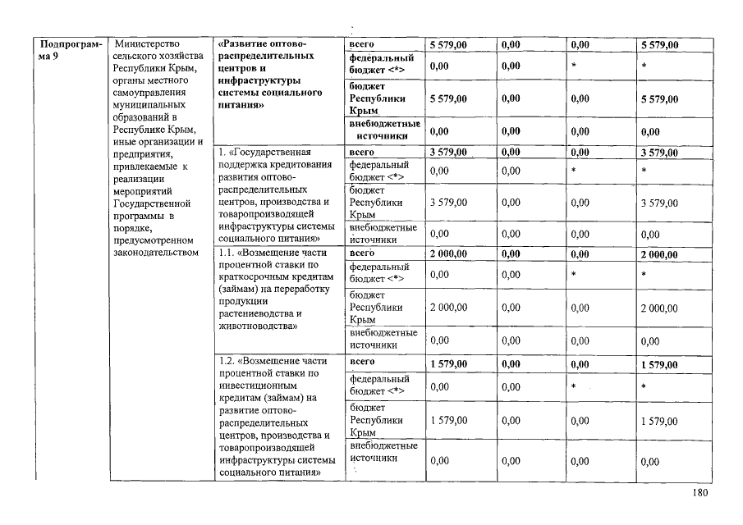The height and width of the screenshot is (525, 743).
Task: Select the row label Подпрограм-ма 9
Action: [x=71, y=50]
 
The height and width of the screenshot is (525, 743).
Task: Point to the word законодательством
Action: [x=156, y=253]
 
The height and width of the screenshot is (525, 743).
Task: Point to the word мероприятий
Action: [x=140, y=190]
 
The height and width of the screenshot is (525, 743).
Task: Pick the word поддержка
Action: [x=243, y=165]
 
